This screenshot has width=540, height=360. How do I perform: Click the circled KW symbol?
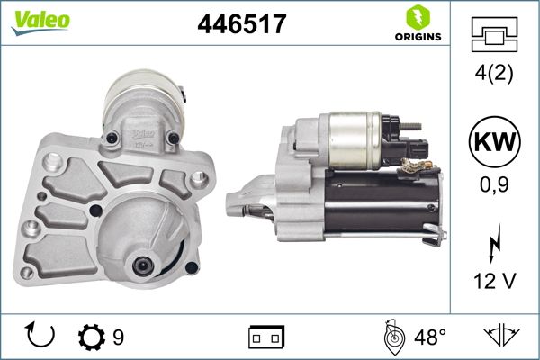tap(495, 143)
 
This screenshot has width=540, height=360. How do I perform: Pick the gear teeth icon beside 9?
tap(90, 337)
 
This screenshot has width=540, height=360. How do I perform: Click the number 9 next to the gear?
tap(117, 337)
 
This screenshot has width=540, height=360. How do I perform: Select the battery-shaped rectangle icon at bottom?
tap(266, 337)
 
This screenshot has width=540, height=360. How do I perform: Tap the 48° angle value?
tap(429, 337)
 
